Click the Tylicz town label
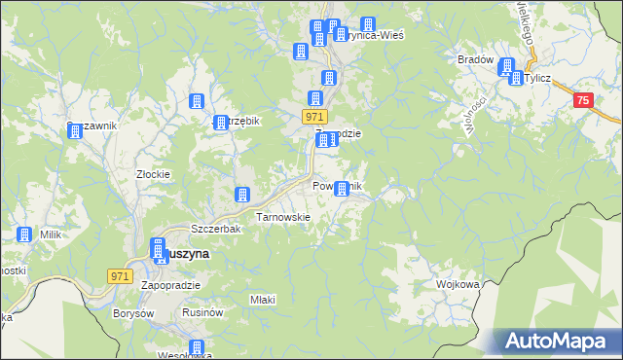539,79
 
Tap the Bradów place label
475,59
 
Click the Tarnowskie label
282,217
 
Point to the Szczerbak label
215,229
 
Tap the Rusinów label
204,313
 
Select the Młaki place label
263,300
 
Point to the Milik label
50,234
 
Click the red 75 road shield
582,100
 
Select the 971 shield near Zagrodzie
313,117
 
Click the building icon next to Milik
23,234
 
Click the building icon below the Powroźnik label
341,192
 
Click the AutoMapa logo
558,341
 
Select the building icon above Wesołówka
197,348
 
